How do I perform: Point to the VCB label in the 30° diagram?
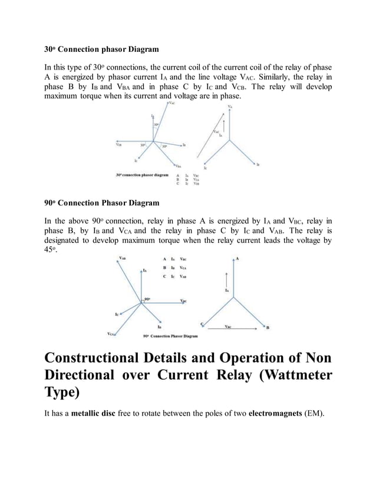click(119, 143)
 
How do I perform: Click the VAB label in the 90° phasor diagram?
click(121, 258)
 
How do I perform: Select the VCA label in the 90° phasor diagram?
click(111, 334)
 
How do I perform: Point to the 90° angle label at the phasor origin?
click(147, 300)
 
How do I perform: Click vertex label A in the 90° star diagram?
click(237, 258)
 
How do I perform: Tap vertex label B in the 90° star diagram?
click(268, 328)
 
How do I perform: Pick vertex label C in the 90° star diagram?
click(202, 324)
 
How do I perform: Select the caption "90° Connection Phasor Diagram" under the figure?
click(170, 337)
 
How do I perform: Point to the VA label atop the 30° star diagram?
click(230, 106)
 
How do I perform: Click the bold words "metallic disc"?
click(93, 413)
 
